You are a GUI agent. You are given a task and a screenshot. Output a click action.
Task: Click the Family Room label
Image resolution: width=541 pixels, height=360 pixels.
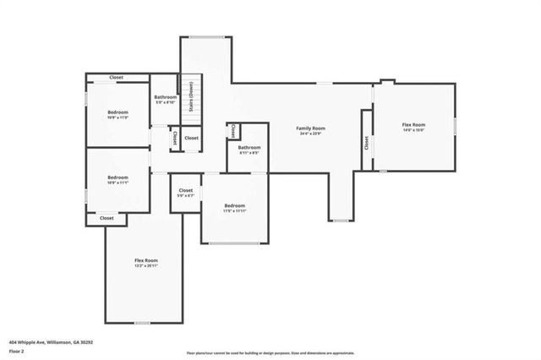[310, 128]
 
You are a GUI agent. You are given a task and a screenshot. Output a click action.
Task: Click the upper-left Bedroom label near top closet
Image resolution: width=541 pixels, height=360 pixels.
[117, 112]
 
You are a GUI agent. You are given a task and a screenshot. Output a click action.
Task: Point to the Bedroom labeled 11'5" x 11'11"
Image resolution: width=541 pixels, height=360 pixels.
[234, 206]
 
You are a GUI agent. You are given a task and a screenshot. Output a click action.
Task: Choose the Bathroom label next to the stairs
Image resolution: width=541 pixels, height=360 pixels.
[165, 97]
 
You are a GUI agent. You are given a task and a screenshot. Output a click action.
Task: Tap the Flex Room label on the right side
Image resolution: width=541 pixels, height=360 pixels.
[413, 125]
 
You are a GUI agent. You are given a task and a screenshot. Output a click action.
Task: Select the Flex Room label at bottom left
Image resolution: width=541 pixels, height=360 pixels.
[146, 260]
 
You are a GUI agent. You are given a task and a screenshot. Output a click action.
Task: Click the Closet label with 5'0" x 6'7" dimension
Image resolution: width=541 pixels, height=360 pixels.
[186, 191]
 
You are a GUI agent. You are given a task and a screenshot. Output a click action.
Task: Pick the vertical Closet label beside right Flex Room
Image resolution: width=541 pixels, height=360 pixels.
[367, 143]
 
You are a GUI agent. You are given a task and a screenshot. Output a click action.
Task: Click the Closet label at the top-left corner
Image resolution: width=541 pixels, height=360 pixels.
[117, 78]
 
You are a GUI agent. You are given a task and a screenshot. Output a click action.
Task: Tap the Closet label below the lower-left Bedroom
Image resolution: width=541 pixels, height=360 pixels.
[107, 218]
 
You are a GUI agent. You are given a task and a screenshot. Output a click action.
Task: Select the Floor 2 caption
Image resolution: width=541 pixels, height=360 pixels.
[15, 351]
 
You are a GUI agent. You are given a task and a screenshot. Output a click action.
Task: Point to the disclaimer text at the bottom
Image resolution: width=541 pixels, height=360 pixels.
[270, 353]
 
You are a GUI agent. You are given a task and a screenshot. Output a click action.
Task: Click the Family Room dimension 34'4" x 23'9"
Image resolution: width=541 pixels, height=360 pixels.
[310, 134]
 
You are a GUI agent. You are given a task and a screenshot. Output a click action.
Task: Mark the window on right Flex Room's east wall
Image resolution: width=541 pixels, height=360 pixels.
[455, 126]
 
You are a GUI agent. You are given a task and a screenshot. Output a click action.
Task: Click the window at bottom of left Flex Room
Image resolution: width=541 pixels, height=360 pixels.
[143, 323]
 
